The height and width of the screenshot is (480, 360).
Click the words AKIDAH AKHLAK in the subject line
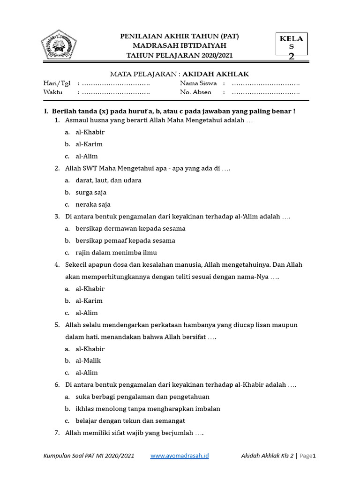216,74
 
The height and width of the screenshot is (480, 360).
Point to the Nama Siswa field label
198,83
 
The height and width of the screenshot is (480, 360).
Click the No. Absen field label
195,92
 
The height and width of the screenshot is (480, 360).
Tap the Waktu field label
53,92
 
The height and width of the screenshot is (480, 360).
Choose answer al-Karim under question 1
89,144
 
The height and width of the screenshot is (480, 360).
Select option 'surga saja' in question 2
91,193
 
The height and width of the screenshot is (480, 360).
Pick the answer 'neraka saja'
93,204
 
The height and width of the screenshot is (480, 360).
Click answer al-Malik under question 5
88,361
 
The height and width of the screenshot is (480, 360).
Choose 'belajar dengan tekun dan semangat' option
130,421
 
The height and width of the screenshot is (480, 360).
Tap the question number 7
57,433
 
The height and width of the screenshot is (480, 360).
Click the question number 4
57,265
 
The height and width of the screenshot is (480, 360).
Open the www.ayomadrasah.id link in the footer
180,456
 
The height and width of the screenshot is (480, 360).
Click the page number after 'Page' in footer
315,456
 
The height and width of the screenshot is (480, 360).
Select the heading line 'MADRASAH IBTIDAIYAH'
180,45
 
